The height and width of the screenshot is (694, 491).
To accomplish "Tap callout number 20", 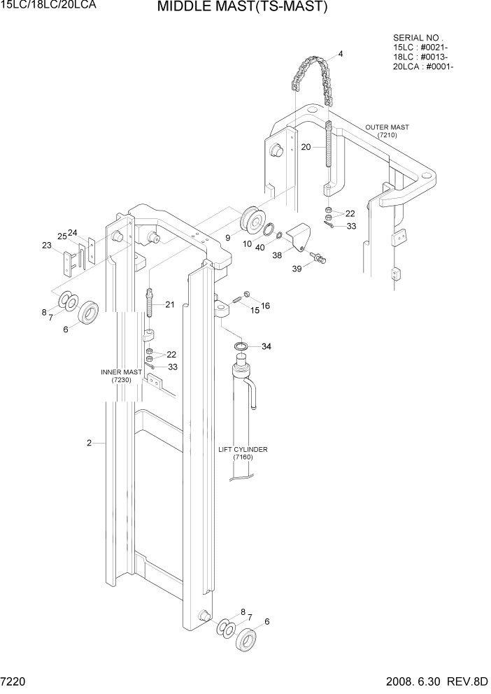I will point(306,147).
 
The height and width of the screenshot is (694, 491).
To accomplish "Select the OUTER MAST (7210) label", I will point(387,131).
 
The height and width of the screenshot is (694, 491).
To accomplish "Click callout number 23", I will point(47,246).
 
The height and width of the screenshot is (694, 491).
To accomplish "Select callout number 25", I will point(62,236).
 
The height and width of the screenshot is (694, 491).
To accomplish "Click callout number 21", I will point(170,304).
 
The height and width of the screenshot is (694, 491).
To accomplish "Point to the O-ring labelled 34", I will point(241,347).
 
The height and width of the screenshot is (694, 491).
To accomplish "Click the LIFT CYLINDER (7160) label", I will point(243,453).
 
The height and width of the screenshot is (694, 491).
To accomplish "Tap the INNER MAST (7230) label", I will point(122,376).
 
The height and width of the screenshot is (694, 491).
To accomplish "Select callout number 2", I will point(90,443).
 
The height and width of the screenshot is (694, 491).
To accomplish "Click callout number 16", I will point(265,306).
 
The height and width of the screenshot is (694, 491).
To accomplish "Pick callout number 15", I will point(255,310).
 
